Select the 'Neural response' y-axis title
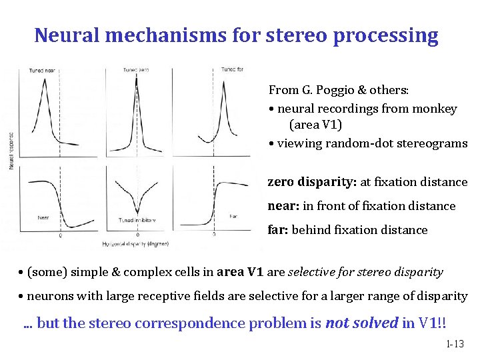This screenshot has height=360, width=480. pyautogui.click(x=11, y=149)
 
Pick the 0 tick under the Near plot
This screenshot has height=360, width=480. pyautogui.click(x=61, y=235)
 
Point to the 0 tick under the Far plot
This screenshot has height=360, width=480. pyautogui.click(x=213, y=235)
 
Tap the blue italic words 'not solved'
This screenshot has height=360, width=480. pyautogui.click(x=361, y=323)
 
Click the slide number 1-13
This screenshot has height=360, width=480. pyautogui.click(x=455, y=345)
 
